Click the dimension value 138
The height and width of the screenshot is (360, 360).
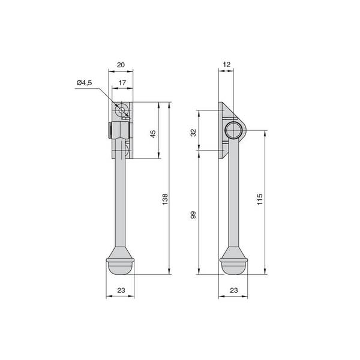click(x=165, y=199)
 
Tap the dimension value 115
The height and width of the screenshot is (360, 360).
click(x=260, y=199)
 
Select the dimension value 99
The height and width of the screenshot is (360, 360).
click(x=193, y=214)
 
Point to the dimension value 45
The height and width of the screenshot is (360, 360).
click(x=152, y=134)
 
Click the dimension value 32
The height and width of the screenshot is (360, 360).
click(x=193, y=133)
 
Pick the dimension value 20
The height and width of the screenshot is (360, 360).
click(x=121, y=65)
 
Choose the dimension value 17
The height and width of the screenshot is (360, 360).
click(x=122, y=83)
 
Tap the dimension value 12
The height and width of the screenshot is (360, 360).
click(x=226, y=65)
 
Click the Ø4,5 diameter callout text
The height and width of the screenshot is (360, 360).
click(x=84, y=83)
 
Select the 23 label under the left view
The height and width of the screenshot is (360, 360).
click(x=121, y=290)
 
